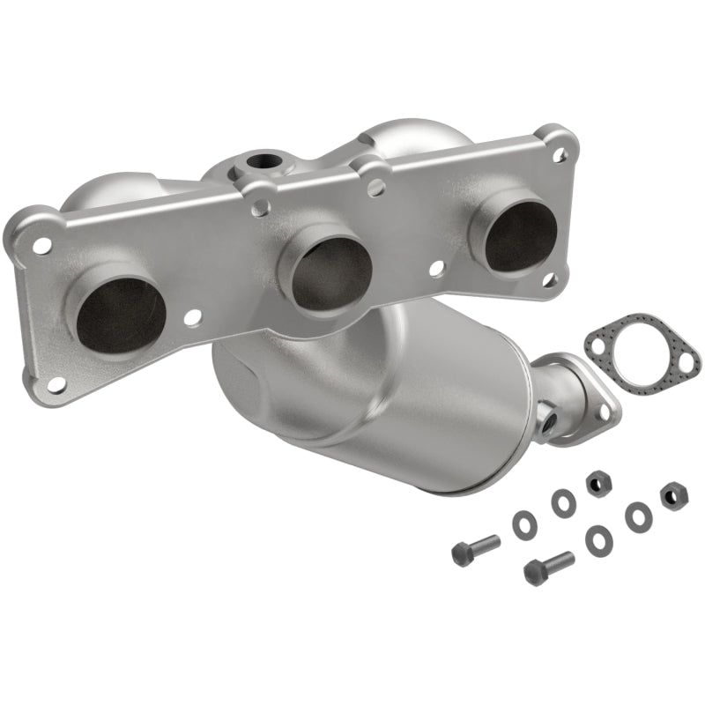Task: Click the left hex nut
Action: [596, 480]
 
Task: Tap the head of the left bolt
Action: [461, 554]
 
